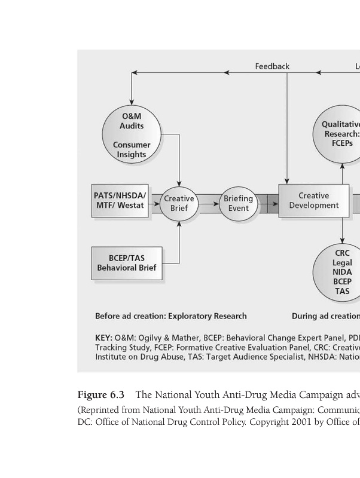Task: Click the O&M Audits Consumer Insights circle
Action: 132,135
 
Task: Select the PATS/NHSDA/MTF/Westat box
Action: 120,201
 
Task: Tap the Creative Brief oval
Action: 179,203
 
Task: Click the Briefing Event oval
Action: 238,203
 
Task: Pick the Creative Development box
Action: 313,200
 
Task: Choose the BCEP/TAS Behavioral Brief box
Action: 127,263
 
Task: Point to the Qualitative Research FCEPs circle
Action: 339,134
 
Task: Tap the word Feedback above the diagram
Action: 272,66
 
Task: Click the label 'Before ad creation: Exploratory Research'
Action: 170,316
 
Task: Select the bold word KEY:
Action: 103,338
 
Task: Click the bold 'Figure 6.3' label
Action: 101,395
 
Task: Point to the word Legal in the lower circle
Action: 342,263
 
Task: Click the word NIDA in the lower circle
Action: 342,272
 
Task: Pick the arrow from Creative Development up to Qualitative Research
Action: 342,174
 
